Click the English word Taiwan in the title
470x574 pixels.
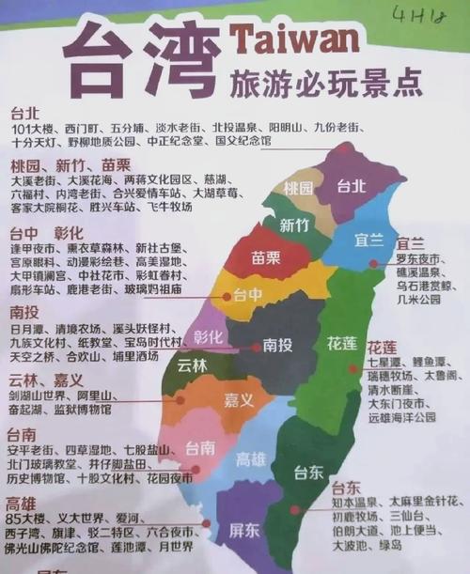[x=292, y=42]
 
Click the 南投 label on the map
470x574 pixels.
[x=277, y=346]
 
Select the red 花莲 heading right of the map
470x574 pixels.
[x=382, y=347]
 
